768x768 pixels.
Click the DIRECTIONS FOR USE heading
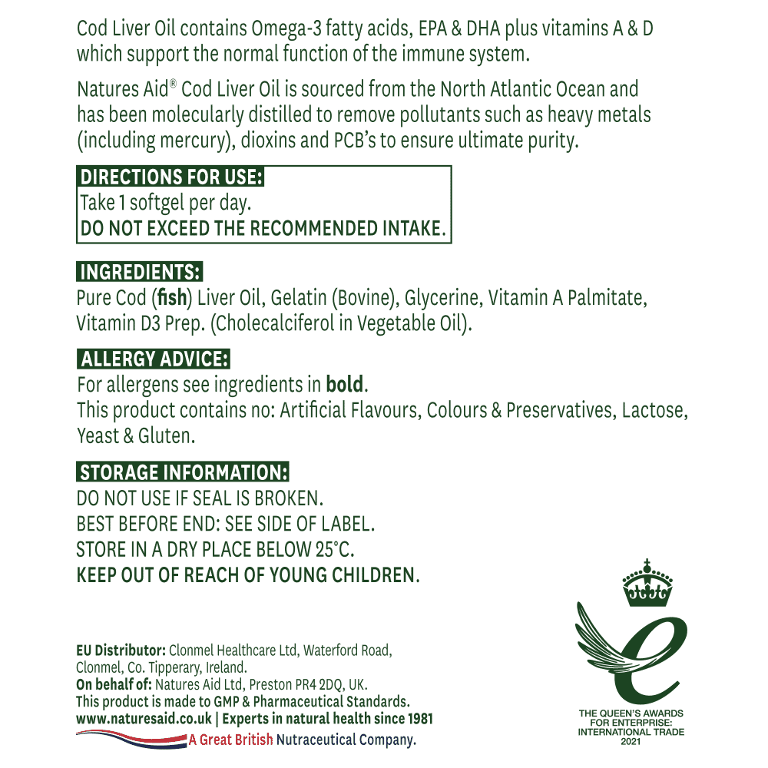click(172, 177)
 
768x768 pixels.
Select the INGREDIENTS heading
click(141, 272)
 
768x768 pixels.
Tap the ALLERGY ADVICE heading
click(154, 359)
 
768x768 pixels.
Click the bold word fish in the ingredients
click(174, 297)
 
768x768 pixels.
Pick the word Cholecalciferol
click(277, 323)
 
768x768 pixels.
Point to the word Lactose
click(655, 410)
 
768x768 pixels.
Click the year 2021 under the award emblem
click(631, 741)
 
